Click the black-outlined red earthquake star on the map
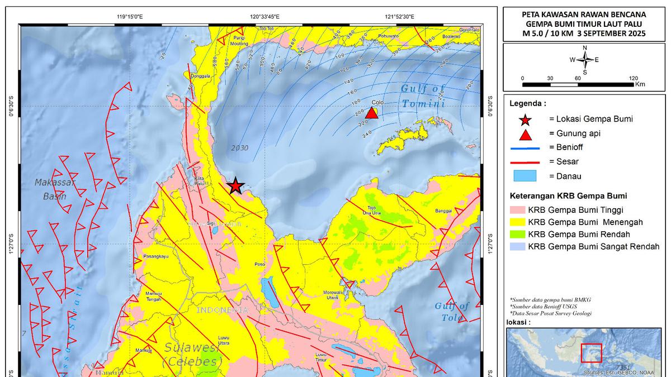pos(236,185)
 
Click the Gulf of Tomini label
pos(423,96)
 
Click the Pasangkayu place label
pos(156,256)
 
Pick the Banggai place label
pos(443,211)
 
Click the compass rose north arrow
pos(584,52)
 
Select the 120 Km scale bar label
pos(634,78)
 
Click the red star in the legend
pos(525,119)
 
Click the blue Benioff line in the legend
pos(525,149)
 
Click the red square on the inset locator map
pos(591,353)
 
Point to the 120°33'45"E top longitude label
pos(264,17)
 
